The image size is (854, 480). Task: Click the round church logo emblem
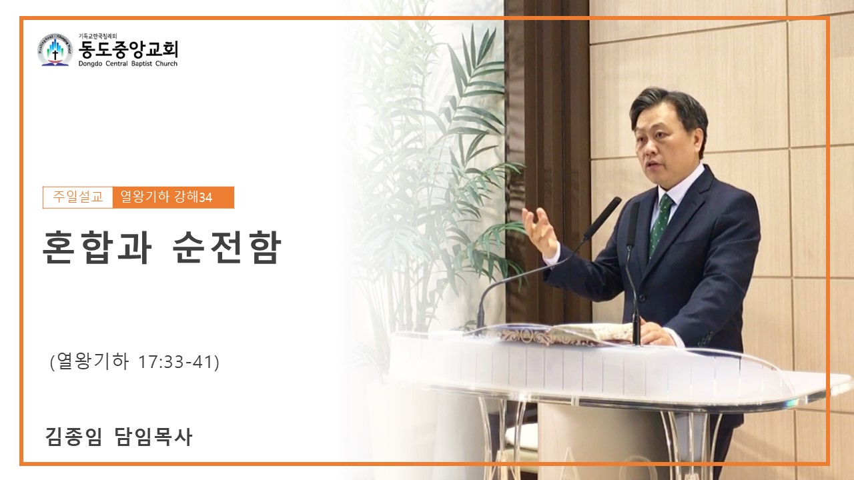pos(55,50)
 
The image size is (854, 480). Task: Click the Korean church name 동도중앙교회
pos(129,49)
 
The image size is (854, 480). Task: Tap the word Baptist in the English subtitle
pos(141,63)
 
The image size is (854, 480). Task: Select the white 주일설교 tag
pos(78,197)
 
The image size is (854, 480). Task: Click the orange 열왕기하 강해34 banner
pos(173,197)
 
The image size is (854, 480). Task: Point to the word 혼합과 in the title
pos(97,247)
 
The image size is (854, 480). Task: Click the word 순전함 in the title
pos(227,247)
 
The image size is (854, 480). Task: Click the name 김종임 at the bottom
pos(74,437)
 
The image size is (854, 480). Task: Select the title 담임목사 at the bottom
pos(153,437)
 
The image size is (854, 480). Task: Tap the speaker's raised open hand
pos(540,231)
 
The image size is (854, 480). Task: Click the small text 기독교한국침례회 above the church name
pos(97,36)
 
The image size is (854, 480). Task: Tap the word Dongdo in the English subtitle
pos(90,63)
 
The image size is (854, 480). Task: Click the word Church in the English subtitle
pos(166,63)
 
